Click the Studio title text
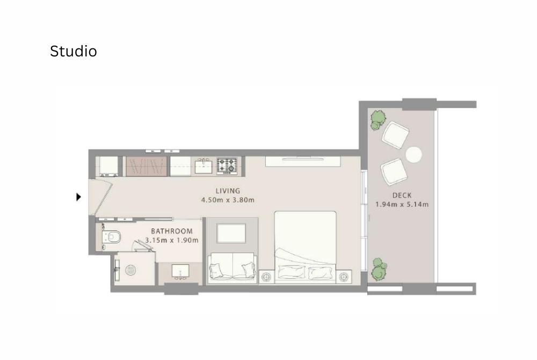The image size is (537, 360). click(x=73, y=52)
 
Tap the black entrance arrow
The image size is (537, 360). click(x=79, y=197)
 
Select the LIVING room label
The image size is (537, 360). click(x=228, y=191)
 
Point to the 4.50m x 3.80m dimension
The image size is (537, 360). click(x=228, y=200)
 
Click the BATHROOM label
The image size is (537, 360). click(x=172, y=231)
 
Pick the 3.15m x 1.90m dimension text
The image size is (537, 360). click(x=172, y=240)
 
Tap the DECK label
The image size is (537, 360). click(x=402, y=195)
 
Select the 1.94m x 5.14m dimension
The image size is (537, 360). click(x=402, y=205)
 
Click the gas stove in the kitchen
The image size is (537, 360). click(x=227, y=166)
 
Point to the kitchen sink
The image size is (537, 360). click(x=204, y=167)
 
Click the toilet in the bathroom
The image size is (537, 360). click(x=112, y=236)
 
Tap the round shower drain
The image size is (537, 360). click(x=131, y=270)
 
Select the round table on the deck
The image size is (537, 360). click(x=413, y=155)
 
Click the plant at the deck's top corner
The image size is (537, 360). click(x=378, y=119)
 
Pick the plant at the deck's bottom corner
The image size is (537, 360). click(x=379, y=269)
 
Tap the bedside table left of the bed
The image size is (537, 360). click(x=266, y=276)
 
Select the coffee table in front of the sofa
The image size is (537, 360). click(x=231, y=233)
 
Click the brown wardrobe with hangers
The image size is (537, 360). click(x=147, y=166)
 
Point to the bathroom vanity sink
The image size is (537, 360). click(x=180, y=271)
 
